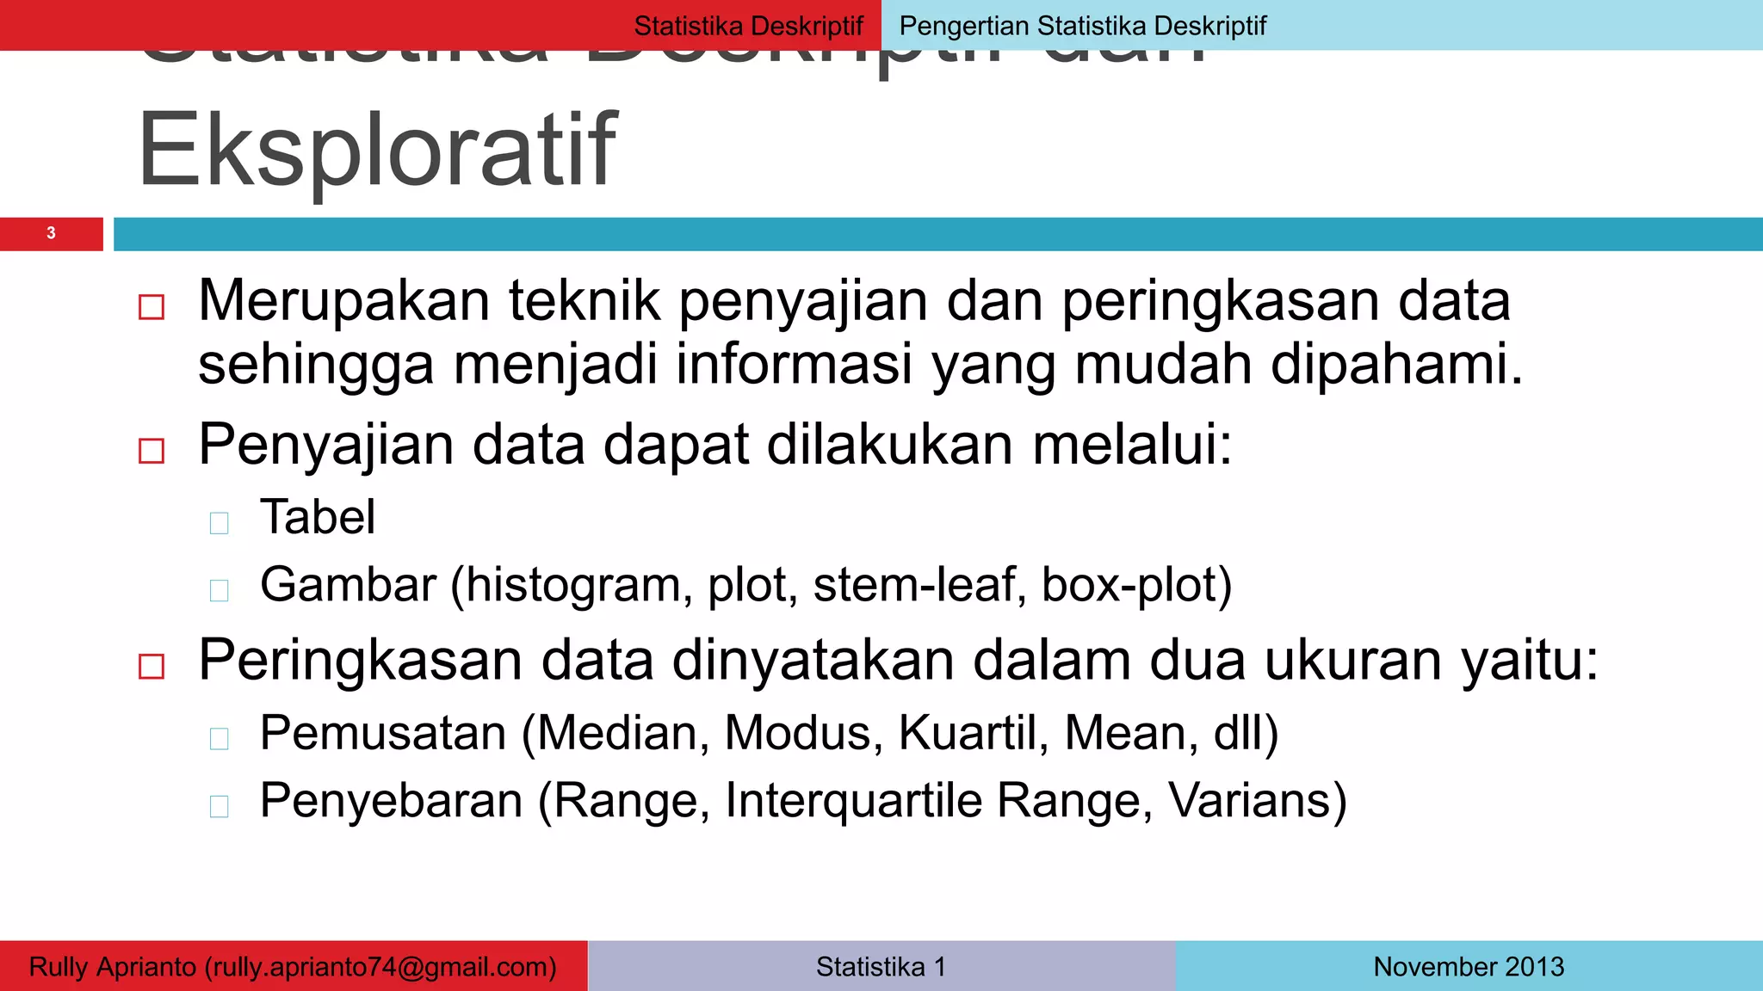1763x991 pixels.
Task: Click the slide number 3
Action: (x=51, y=233)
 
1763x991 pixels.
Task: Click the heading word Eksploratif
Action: (x=377, y=151)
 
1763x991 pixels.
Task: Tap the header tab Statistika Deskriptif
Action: (x=748, y=26)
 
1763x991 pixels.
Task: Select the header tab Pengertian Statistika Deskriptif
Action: (x=1082, y=26)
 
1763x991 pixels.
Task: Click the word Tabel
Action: (x=318, y=517)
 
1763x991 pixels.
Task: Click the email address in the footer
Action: (x=380, y=967)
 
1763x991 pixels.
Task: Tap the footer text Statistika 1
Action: (x=881, y=967)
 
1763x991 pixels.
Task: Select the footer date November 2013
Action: (x=1469, y=967)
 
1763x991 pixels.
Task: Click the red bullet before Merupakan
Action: (x=152, y=307)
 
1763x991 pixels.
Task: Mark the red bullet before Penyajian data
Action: (x=152, y=451)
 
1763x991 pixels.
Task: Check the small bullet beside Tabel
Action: (x=220, y=523)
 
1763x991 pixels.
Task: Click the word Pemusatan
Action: (x=383, y=733)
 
